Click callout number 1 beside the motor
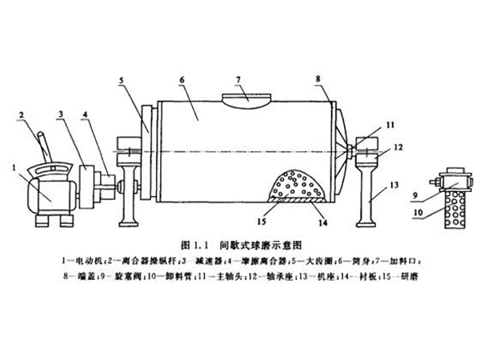tap(15, 167)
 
